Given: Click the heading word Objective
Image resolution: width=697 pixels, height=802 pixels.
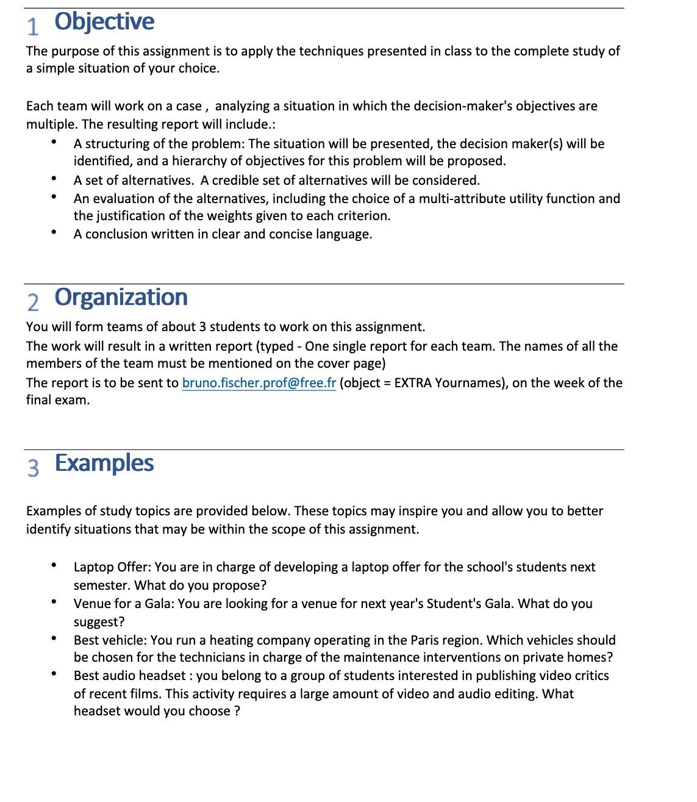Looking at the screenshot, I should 104,22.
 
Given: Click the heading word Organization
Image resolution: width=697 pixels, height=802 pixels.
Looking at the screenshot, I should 121,298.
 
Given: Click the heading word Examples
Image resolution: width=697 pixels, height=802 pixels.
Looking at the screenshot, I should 104,464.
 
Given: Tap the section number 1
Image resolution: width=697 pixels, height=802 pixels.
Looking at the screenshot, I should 33,26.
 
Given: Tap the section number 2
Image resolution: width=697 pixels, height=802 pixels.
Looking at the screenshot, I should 33,302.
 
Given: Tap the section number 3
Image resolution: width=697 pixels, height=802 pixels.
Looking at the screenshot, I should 33,468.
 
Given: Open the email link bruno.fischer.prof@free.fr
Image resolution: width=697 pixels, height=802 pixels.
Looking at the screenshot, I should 259,383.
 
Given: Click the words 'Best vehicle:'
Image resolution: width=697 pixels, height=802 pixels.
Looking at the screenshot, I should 110,640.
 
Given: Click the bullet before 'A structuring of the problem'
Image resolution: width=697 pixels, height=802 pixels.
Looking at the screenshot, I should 54,143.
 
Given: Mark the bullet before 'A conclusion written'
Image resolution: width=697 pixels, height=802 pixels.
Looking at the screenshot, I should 54,233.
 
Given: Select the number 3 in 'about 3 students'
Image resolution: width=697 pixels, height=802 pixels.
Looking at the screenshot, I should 202,327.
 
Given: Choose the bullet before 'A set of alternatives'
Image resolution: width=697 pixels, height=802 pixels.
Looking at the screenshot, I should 54,179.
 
